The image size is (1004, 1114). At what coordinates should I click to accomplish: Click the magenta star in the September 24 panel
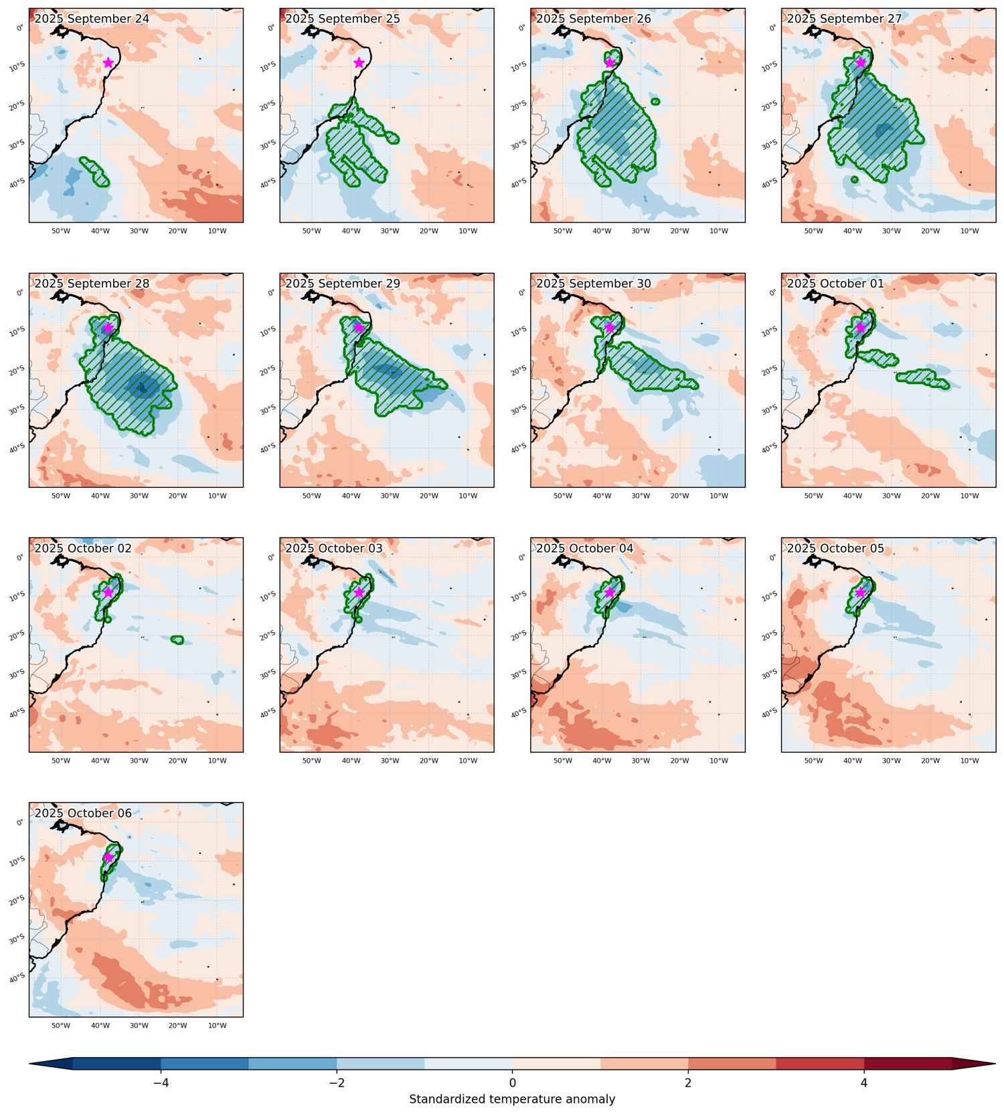click(x=108, y=62)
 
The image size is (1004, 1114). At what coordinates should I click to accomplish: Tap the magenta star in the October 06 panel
click(x=108, y=856)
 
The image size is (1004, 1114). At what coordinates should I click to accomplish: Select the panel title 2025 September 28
click(x=92, y=284)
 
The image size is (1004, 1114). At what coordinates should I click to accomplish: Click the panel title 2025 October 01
click(x=835, y=284)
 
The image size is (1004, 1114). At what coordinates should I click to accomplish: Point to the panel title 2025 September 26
click(x=593, y=19)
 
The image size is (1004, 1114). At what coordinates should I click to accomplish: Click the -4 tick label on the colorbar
click(x=161, y=1083)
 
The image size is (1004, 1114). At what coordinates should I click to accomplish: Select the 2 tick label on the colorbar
click(x=688, y=1083)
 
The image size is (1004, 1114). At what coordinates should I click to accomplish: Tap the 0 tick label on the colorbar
click(x=512, y=1083)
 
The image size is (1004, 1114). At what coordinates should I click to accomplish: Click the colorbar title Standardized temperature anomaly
click(x=512, y=1099)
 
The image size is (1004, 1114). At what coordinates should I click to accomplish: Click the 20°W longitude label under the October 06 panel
click(x=177, y=1025)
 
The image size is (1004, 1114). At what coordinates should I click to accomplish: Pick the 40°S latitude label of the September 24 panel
click(x=17, y=182)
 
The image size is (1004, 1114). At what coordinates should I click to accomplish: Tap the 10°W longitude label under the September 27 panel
click(x=969, y=231)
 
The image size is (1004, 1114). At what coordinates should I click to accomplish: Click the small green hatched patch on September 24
click(x=94, y=171)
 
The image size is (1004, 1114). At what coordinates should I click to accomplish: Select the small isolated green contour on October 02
click(x=177, y=640)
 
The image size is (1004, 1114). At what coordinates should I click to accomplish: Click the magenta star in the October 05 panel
click(x=860, y=592)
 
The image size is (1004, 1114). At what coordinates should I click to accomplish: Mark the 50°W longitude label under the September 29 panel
click(x=311, y=496)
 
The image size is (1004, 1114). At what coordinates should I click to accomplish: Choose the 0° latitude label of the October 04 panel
click(x=523, y=557)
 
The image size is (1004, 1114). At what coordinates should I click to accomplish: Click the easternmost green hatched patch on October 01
click(x=923, y=378)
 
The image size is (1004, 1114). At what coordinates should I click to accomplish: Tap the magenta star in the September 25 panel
click(x=359, y=62)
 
